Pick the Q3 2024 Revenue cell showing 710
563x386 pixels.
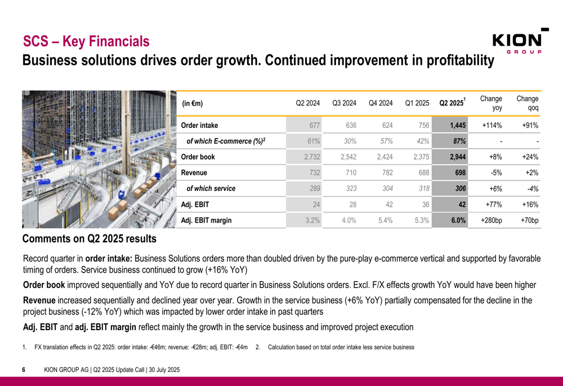tap(349, 173)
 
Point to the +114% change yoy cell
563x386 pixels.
tap(491, 126)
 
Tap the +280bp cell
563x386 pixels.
tap(491, 220)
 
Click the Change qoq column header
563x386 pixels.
tap(527, 103)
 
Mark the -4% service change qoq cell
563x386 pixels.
tap(531, 189)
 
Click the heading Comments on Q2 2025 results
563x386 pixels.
tap(90, 239)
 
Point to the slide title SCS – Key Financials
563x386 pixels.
tap(86, 41)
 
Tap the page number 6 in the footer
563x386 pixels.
tap(24, 370)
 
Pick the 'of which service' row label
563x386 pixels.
tap(211, 189)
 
